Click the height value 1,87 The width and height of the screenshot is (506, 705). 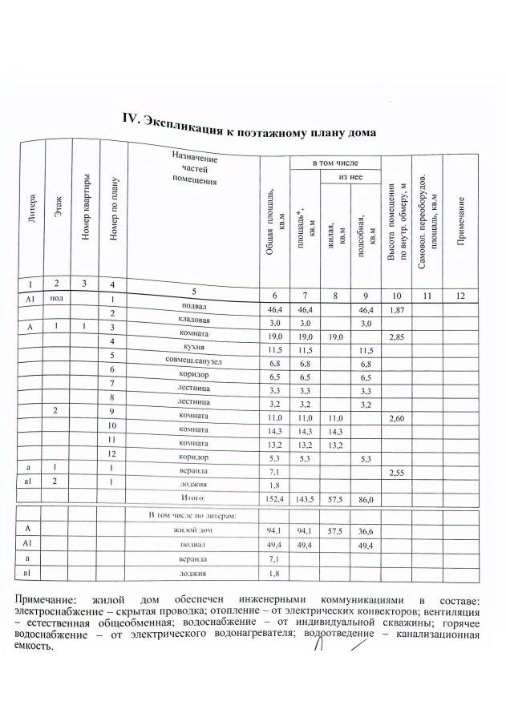(399, 309)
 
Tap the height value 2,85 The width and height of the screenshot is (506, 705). (399, 337)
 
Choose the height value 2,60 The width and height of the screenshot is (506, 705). (399, 419)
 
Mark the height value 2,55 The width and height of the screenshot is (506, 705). (399, 473)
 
